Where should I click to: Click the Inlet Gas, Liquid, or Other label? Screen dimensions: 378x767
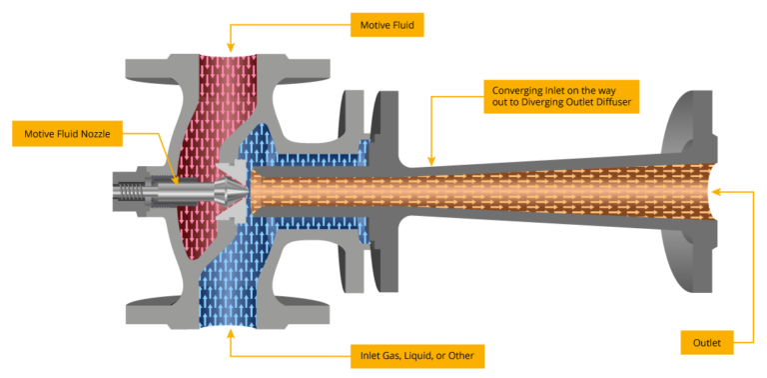tap(417, 355)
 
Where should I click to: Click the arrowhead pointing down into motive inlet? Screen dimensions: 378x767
tap(231, 48)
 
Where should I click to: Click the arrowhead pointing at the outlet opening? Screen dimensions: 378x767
tap(717, 188)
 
